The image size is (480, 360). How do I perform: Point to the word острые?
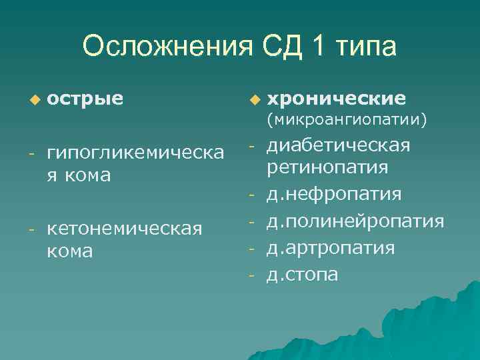click(85, 99)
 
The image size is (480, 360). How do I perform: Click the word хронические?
click(336, 99)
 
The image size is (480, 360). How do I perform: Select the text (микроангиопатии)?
click(347, 121)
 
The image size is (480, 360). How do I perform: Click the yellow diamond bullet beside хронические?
click(253, 99)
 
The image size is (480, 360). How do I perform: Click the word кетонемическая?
click(125, 229)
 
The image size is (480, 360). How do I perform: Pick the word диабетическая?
click(338, 145)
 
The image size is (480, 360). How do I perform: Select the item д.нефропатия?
click(334, 194)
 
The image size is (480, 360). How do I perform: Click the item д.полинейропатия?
click(355, 221)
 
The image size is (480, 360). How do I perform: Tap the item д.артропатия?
click(331, 247)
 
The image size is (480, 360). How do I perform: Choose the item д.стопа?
click(302, 274)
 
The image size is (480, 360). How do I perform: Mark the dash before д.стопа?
click(253, 274)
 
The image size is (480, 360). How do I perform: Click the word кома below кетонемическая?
click(70, 251)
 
